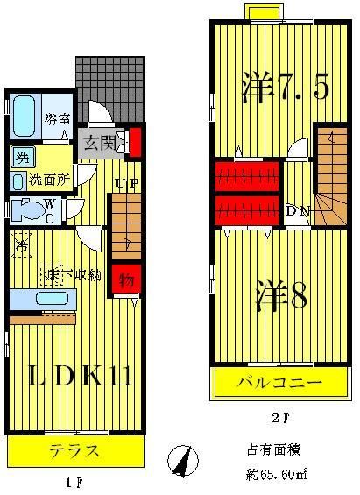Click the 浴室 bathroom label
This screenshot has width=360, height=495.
coord(58,117)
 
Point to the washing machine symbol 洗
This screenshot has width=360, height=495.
coord(20,158)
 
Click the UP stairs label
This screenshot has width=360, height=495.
coord(124,183)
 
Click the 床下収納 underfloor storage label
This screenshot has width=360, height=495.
coord(72,275)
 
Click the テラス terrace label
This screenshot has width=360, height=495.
coord(74,452)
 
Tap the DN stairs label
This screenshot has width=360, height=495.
coord(297,210)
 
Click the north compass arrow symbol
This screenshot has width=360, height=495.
coord(182,460)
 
